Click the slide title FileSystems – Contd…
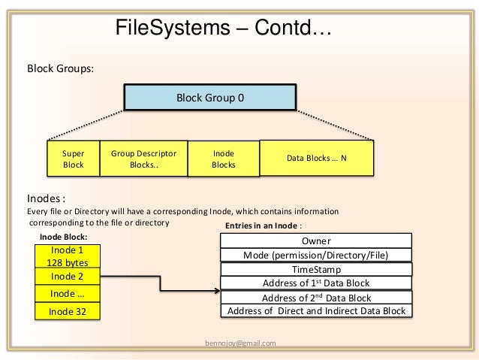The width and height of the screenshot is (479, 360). [x=223, y=29]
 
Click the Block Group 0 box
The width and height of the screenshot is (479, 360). [x=209, y=98]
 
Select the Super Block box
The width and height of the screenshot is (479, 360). [x=74, y=159]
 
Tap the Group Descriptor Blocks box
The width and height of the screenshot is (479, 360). [x=143, y=159]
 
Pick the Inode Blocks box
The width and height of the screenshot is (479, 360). [x=224, y=159]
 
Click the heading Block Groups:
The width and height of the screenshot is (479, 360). [x=61, y=68]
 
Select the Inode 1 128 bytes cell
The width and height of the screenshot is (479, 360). [x=68, y=256]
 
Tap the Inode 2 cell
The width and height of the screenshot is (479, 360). [x=68, y=277]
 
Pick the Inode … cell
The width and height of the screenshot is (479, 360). [x=68, y=293]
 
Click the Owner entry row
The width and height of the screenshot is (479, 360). [x=316, y=241]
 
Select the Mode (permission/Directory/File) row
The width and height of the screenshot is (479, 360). [x=316, y=256]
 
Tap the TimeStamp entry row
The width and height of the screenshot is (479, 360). [x=316, y=270]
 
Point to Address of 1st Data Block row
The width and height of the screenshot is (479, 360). [x=316, y=283]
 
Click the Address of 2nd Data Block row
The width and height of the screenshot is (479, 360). [x=316, y=298]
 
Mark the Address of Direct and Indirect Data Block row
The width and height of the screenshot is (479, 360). [x=316, y=311]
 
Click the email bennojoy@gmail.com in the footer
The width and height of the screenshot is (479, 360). [x=240, y=343]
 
